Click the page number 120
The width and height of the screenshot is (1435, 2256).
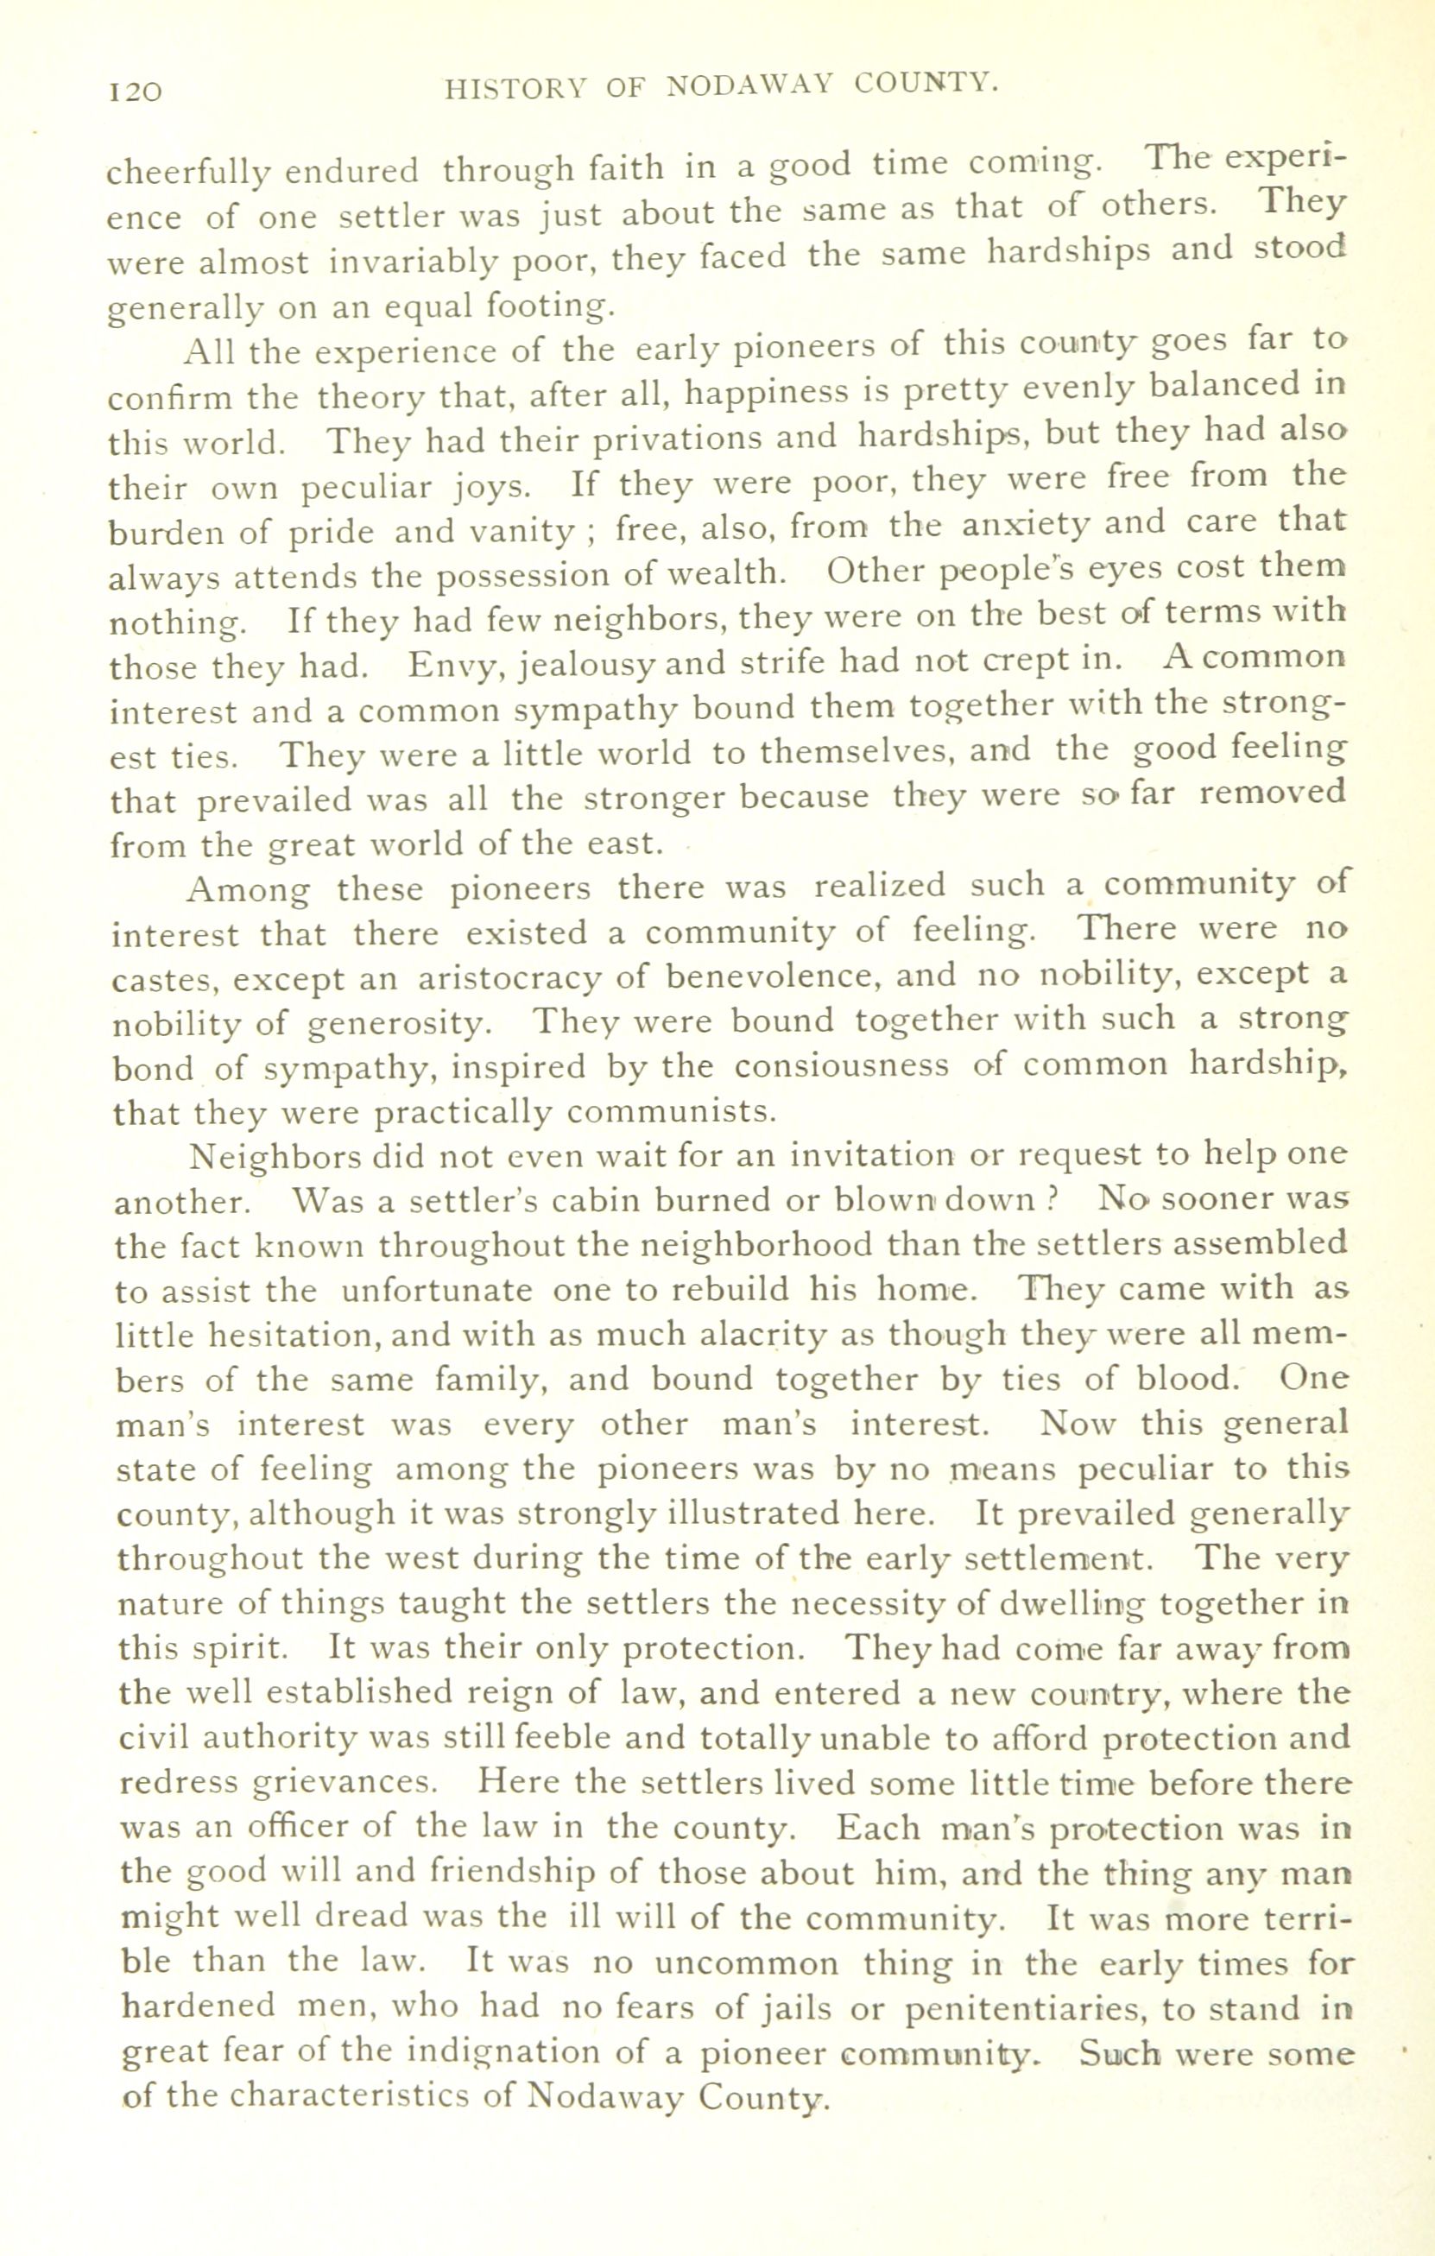click(x=136, y=91)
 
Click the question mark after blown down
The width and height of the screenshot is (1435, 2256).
click(x=1053, y=1200)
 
